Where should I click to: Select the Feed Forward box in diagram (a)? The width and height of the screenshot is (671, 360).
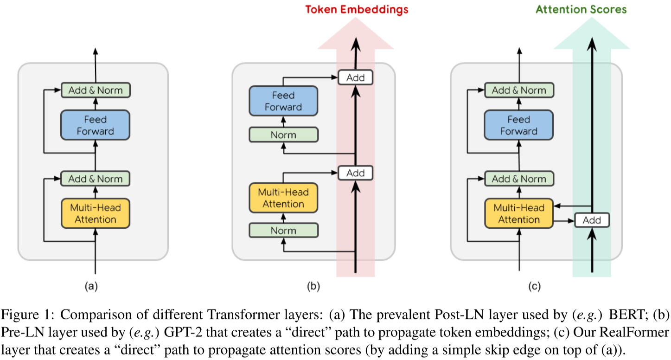(x=95, y=125)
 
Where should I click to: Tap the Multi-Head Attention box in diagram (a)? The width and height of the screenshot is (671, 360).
(x=95, y=213)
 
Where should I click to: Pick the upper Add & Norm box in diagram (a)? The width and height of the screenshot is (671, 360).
(x=96, y=90)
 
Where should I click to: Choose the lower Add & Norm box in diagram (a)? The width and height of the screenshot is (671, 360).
(x=96, y=179)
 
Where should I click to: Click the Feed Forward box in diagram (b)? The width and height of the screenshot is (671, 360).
(x=283, y=101)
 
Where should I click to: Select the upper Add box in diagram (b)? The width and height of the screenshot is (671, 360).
(x=356, y=77)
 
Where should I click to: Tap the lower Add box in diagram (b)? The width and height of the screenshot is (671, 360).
(x=356, y=173)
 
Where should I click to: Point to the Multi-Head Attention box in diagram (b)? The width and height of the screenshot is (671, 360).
(x=283, y=198)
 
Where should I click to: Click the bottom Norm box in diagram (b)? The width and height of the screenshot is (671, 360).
(x=283, y=230)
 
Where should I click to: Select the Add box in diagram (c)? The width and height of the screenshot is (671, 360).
(x=592, y=220)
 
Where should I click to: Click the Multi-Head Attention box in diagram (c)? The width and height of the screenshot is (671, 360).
(x=519, y=213)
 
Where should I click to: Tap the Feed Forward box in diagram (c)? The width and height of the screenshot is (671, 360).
(x=519, y=125)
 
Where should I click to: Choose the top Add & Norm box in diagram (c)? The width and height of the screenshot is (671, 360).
(x=519, y=90)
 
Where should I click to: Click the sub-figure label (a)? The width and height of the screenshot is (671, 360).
(x=91, y=287)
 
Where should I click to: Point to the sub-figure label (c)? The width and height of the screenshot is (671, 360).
(x=534, y=287)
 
